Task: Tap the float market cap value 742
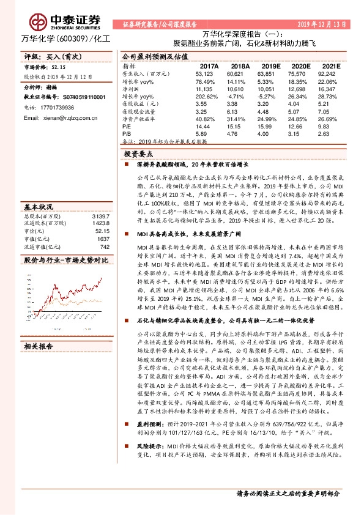pyautogui.click(x=104, y=230)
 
